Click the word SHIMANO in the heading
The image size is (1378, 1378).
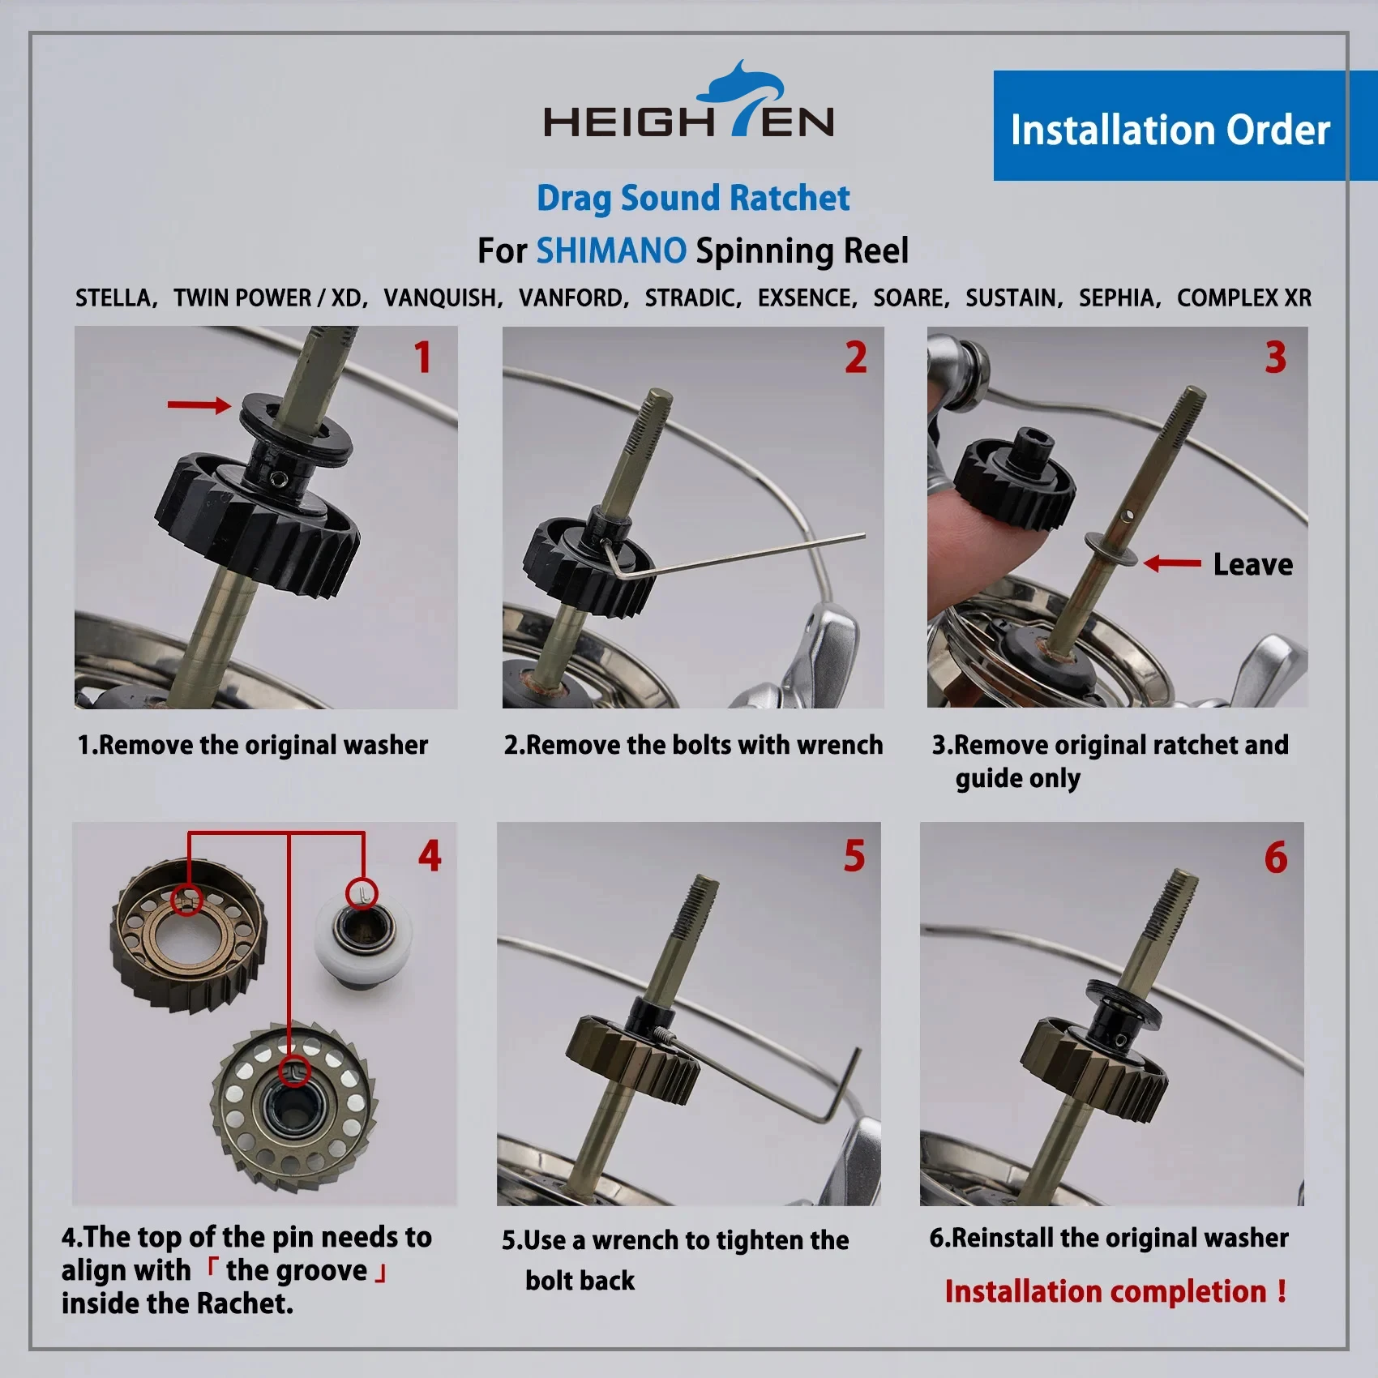click(x=611, y=250)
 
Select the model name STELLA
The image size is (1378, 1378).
click(x=116, y=298)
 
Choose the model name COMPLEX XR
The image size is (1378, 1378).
click(x=1243, y=298)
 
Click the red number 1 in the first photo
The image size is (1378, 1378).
click(x=423, y=357)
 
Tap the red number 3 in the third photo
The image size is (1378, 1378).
click(x=1275, y=357)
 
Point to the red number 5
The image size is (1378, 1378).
click(x=854, y=856)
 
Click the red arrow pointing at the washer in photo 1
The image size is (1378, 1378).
click(x=199, y=404)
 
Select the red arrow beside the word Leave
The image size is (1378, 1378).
click(x=1172, y=563)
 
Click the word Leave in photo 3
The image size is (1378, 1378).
click(x=1252, y=564)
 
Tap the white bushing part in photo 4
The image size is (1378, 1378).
click(x=362, y=939)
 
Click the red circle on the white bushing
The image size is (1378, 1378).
click(x=362, y=893)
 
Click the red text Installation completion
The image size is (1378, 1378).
click(x=1115, y=1291)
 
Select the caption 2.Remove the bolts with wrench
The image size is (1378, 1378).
click(x=693, y=745)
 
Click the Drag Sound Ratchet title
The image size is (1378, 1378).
click(x=693, y=198)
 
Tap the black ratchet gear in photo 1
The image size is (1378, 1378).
click(x=258, y=523)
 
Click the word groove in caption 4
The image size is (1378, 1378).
click(x=296, y=1270)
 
